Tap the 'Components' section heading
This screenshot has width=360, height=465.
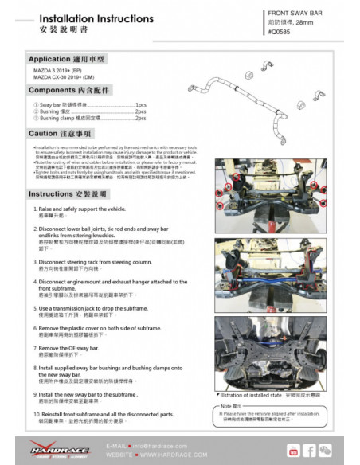click(x=70, y=92)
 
